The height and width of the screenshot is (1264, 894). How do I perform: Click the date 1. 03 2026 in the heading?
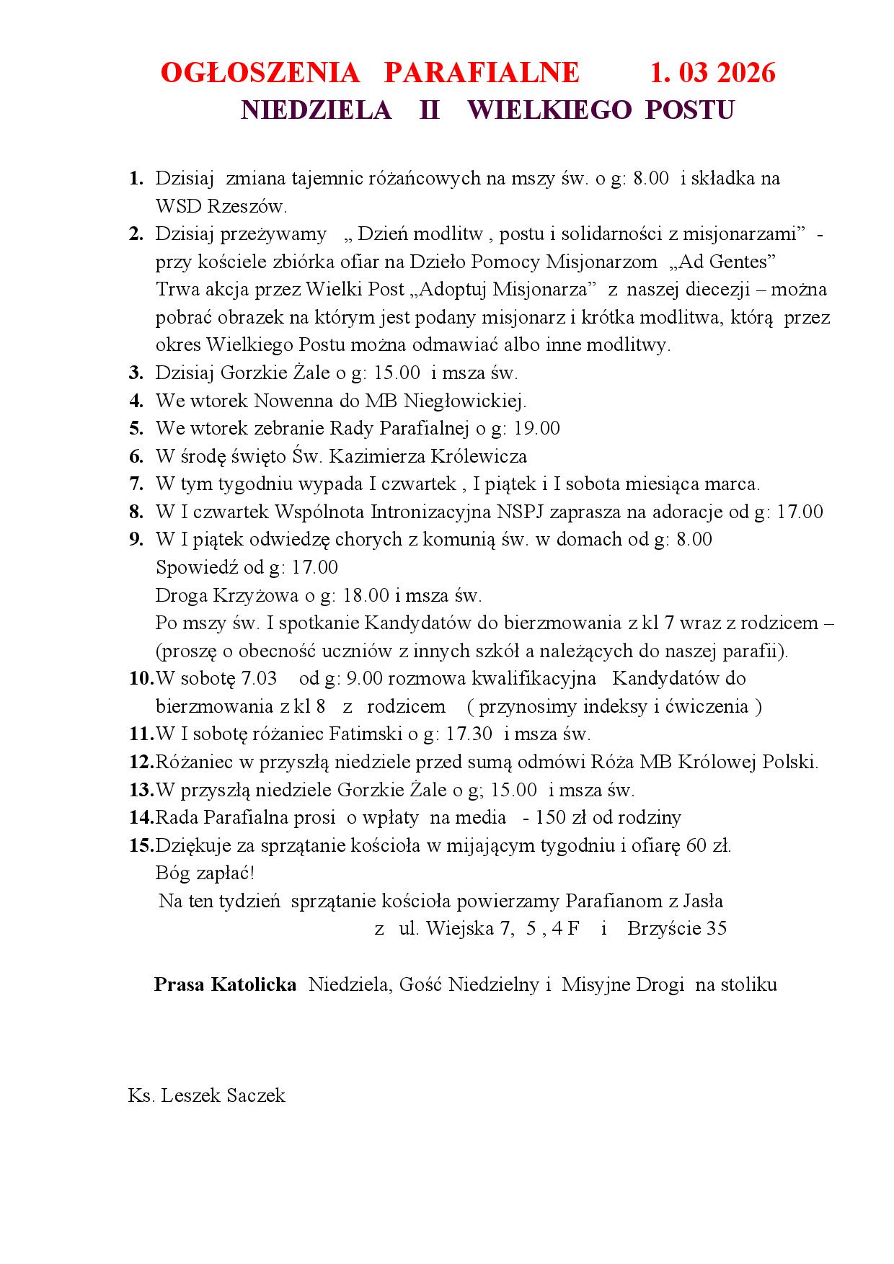(712, 73)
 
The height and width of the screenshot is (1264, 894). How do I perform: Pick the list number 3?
(136, 373)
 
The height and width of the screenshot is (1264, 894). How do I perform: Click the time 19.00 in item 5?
(536, 428)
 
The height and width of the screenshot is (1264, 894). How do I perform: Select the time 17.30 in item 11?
(469, 734)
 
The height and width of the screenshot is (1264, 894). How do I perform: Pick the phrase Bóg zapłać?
(205, 873)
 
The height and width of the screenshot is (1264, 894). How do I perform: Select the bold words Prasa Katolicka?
(225, 985)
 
